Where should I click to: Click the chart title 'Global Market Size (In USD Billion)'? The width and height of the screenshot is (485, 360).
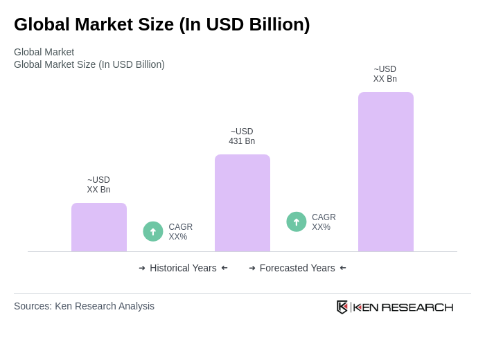(161, 24)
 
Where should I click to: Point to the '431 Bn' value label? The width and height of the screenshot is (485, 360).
(242, 141)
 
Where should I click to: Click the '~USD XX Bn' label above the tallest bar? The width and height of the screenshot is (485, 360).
(385, 74)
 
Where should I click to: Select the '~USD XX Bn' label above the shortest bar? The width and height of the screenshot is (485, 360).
(98, 185)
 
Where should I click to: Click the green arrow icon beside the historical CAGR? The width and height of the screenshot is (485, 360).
(153, 231)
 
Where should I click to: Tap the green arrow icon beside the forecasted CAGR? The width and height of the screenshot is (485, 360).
(297, 222)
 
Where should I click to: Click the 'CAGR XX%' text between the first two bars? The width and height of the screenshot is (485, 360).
(180, 232)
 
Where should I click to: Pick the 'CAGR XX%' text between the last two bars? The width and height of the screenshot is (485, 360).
(324, 222)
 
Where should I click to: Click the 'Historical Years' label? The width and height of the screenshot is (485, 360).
(183, 268)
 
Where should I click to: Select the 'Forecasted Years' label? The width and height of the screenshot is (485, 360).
(297, 268)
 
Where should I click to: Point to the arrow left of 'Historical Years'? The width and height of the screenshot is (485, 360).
(142, 268)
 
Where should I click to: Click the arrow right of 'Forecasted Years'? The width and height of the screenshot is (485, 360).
(343, 268)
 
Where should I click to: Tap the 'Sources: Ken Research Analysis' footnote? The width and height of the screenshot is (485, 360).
(84, 306)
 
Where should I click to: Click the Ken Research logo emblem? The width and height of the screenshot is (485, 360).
(342, 307)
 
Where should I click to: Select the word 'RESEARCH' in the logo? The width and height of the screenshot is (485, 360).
(417, 307)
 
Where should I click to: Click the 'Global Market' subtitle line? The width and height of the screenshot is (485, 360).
(44, 52)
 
